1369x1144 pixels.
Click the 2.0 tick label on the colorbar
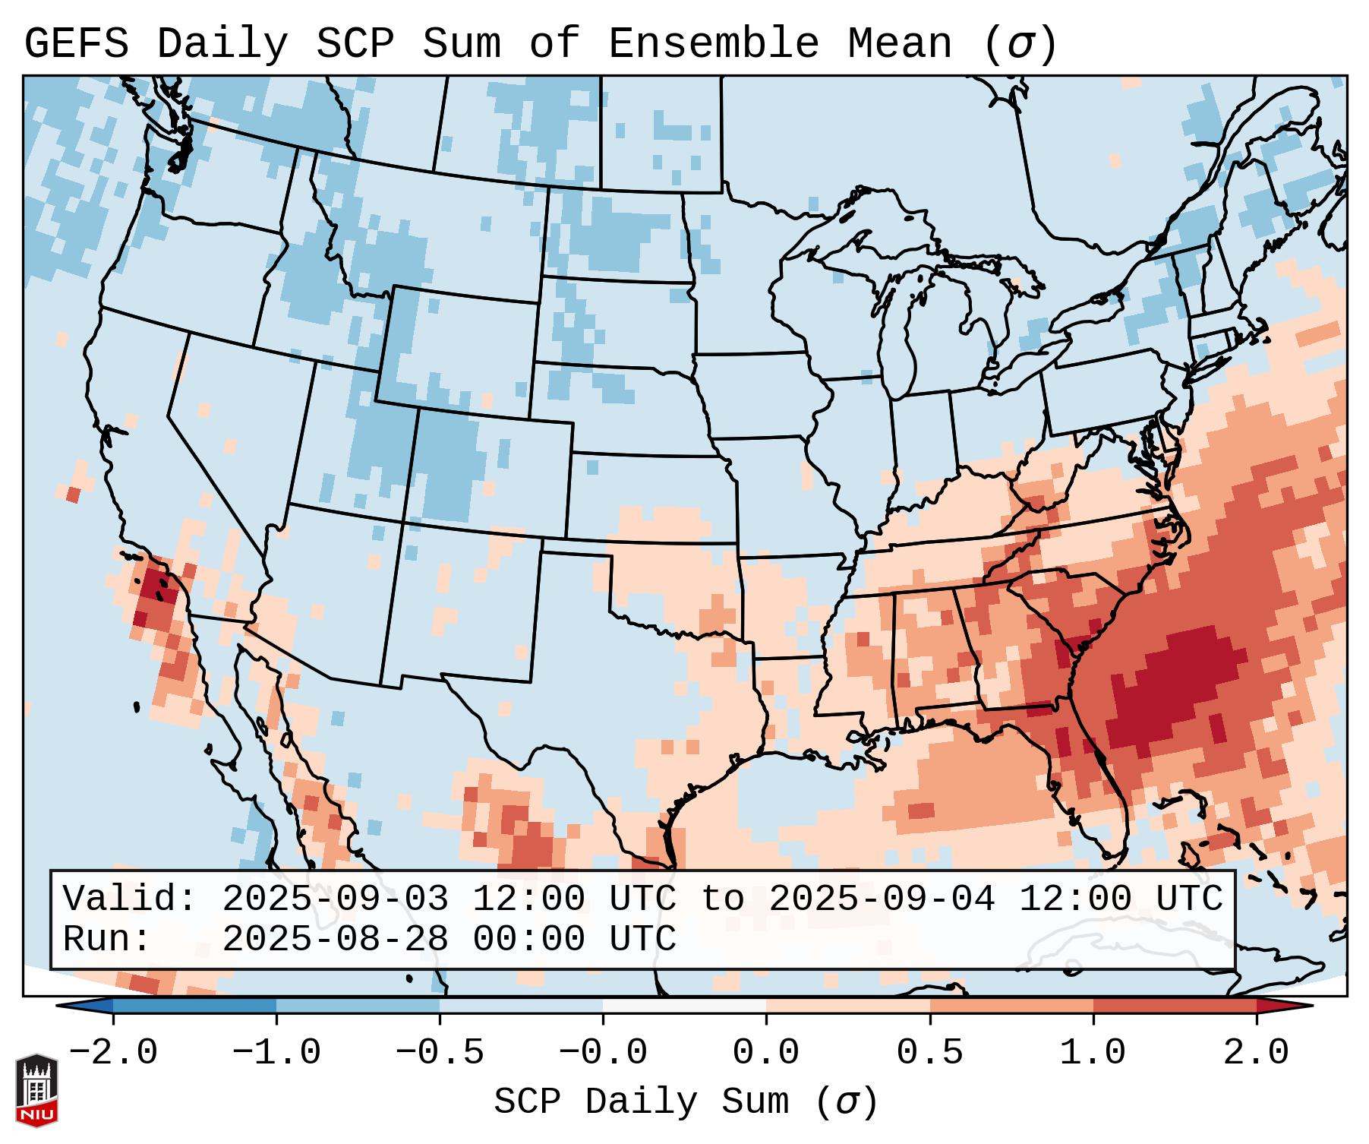[1256, 1053]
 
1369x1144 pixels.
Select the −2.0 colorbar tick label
[113, 1053]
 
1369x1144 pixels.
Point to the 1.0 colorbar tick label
[1093, 1053]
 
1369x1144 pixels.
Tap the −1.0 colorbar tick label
[276, 1053]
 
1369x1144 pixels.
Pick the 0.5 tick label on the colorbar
[929, 1053]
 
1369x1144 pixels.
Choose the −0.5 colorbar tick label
[440, 1053]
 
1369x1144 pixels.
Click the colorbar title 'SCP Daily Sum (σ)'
[686, 1101]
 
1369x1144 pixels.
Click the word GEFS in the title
[76, 43]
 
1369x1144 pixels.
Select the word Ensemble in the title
[714, 43]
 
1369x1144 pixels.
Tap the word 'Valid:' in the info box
[130, 899]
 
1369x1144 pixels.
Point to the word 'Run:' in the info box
[107, 939]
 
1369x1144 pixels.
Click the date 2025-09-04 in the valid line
[882, 899]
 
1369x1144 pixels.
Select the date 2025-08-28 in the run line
[335, 939]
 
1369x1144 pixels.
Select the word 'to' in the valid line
[722, 899]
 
